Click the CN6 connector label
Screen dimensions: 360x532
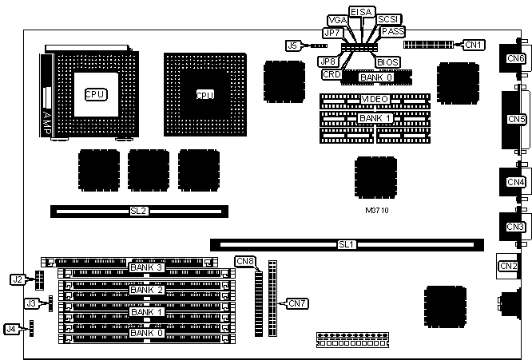click(x=515, y=58)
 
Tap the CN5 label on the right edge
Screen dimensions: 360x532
click(x=515, y=118)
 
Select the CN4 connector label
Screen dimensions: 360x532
click(x=515, y=181)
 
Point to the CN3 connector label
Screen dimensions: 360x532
click(x=515, y=227)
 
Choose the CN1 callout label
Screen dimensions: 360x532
click(x=474, y=45)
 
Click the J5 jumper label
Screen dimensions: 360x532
click(x=293, y=45)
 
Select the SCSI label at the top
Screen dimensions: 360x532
click(x=388, y=19)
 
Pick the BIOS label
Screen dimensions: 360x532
click(x=388, y=61)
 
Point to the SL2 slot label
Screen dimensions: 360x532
click(x=138, y=211)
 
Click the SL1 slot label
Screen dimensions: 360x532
click(x=346, y=243)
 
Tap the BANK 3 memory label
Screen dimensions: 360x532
click(x=146, y=267)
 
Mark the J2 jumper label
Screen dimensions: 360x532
click(x=17, y=279)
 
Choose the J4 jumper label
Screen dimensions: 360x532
click(x=10, y=328)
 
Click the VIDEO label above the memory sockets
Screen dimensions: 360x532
click(x=375, y=99)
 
